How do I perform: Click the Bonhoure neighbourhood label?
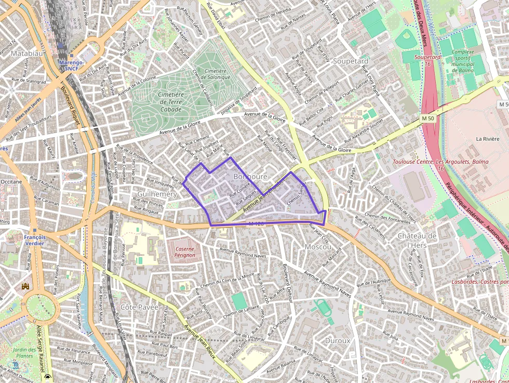pos(250,177)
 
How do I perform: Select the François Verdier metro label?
pos(34,240)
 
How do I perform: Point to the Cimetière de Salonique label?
pos(217,74)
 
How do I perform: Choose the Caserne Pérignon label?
pos(184,253)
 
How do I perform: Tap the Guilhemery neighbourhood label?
pos(157,194)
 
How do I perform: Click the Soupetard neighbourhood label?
pos(350,61)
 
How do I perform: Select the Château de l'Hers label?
pos(417,240)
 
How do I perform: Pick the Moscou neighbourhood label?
pos(318,246)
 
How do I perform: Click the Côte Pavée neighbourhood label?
pos(139,307)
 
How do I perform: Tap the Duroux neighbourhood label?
pos(337,341)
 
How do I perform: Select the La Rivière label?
pos(487,139)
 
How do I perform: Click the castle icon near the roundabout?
pos(25,286)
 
